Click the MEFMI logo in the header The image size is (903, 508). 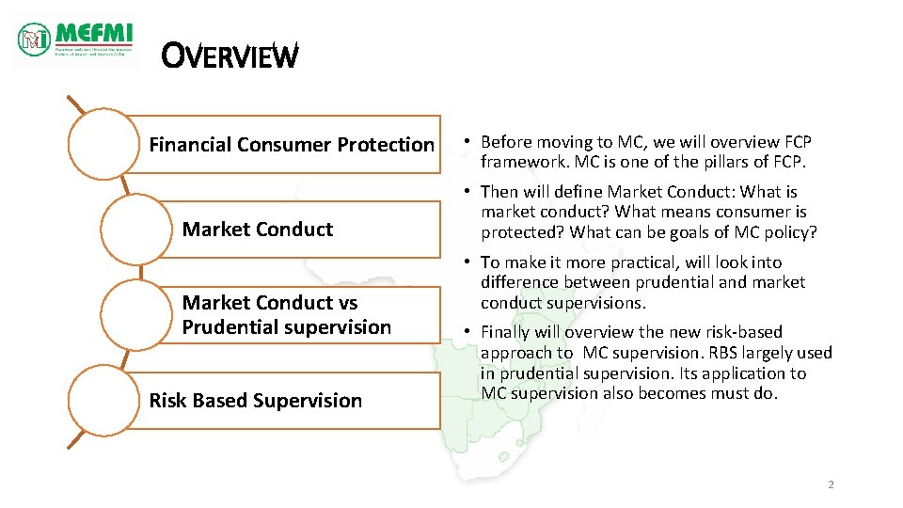click(75, 40)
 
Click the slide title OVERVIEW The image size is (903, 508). click(230, 56)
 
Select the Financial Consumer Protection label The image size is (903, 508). click(292, 145)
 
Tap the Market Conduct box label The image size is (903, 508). click(258, 230)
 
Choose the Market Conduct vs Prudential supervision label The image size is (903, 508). click(286, 315)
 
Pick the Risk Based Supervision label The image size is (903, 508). click(255, 401)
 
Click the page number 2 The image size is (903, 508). click(831, 484)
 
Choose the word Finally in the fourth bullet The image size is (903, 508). click(508, 332)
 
